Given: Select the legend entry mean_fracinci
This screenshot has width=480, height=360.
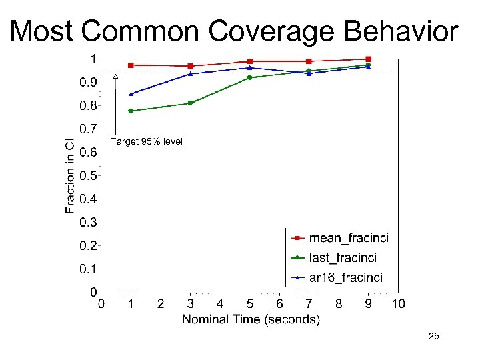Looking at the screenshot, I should click(x=349, y=237).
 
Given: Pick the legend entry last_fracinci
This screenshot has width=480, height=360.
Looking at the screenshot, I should click(x=343, y=257).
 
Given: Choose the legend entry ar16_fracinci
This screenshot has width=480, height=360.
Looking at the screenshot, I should click(x=345, y=278).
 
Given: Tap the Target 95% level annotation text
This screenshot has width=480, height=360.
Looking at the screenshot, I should click(x=146, y=142).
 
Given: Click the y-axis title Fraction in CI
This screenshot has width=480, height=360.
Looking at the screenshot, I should click(x=70, y=175).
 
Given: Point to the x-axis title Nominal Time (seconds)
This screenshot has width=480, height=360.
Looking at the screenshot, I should click(x=251, y=319).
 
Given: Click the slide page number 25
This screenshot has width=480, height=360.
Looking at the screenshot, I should click(x=433, y=337).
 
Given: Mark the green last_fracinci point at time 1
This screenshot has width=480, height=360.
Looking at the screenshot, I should click(x=131, y=111).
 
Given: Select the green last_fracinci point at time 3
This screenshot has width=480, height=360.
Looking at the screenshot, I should click(x=190, y=103).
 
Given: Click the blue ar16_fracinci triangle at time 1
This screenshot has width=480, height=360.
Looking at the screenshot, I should click(x=131, y=94).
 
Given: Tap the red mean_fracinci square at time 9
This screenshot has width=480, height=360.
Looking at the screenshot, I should click(x=368, y=59).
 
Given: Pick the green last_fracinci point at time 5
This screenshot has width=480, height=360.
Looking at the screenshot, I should click(x=249, y=78).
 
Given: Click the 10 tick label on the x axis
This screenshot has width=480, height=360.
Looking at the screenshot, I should click(x=398, y=304).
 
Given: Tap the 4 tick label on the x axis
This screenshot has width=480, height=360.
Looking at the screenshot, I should click(x=220, y=304).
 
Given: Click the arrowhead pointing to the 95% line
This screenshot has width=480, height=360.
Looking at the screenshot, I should click(x=115, y=77).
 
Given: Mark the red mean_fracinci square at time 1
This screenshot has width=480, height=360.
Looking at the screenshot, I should click(x=131, y=65).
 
